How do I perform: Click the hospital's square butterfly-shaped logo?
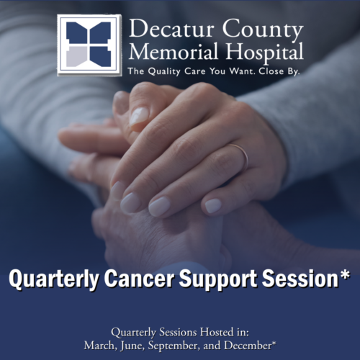coord(89,45)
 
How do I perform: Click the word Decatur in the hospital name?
coord(171,29)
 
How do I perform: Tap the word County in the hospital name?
coord(263,31)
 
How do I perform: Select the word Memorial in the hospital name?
coord(174,51)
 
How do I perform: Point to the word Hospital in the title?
coord(265,53)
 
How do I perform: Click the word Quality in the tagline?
coord(164,71)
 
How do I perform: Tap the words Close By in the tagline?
coord(279,71)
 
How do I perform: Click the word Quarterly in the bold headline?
coord(54,279)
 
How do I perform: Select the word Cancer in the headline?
coord(139,279)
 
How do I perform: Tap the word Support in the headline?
coord(218,279)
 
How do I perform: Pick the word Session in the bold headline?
coord(300,279)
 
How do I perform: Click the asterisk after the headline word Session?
coord(345,275)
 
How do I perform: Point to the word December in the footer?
coord(248,346)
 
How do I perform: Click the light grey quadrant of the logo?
coord(76,57)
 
